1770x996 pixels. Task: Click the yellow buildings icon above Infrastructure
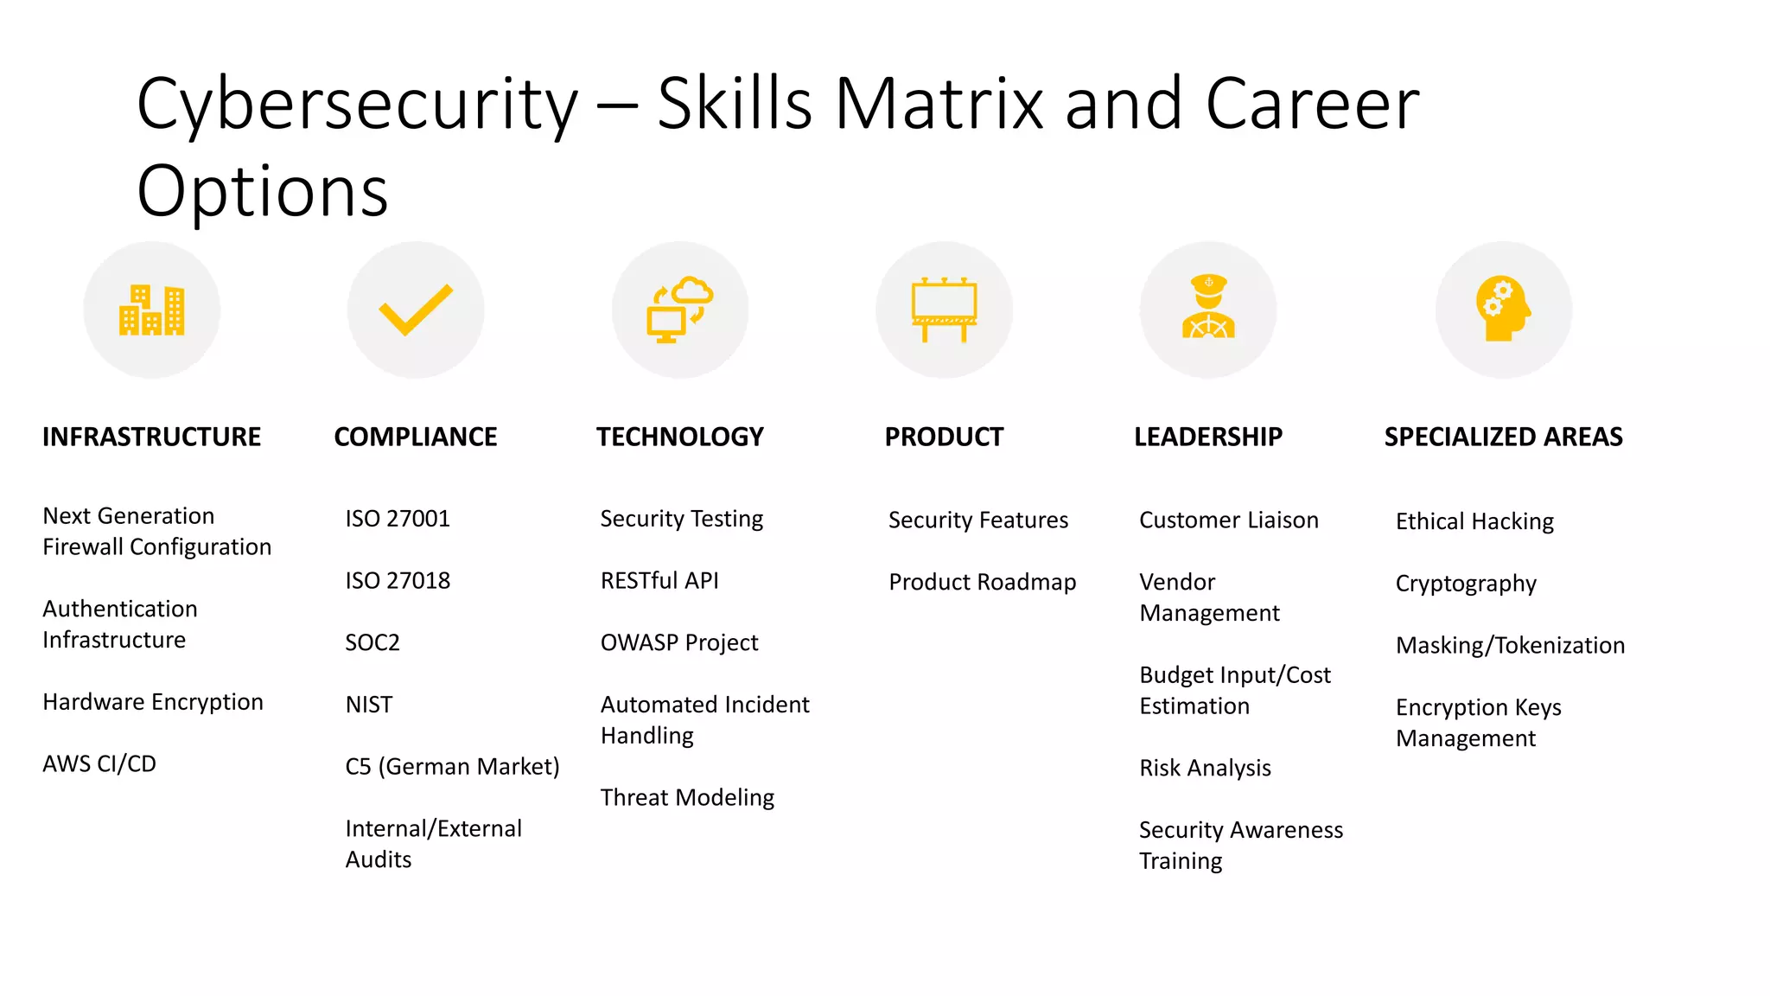[151, 310]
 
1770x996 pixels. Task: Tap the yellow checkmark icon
[416, 310]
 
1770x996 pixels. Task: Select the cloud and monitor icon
[680, 310]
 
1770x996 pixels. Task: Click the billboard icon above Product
[944, 310]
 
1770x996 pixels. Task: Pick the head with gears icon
[1503, 309]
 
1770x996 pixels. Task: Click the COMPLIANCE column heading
[416, 437]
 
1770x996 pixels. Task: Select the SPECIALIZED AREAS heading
[1503, 437]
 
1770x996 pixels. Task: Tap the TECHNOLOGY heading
[680, 437]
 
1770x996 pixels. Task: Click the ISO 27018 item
[398, 580]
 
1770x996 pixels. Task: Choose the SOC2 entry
[372, 642]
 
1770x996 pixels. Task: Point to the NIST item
[369, 705]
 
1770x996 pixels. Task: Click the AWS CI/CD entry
[99, 763]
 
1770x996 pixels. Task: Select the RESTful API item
[659, 580]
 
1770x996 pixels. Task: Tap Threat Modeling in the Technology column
[687, 797]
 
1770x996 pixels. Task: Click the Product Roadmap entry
[982, 582]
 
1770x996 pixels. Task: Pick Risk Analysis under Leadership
[1205, 768]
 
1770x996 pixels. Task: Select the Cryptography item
[1466, 584]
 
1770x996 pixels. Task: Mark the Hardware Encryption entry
[153, 702]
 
